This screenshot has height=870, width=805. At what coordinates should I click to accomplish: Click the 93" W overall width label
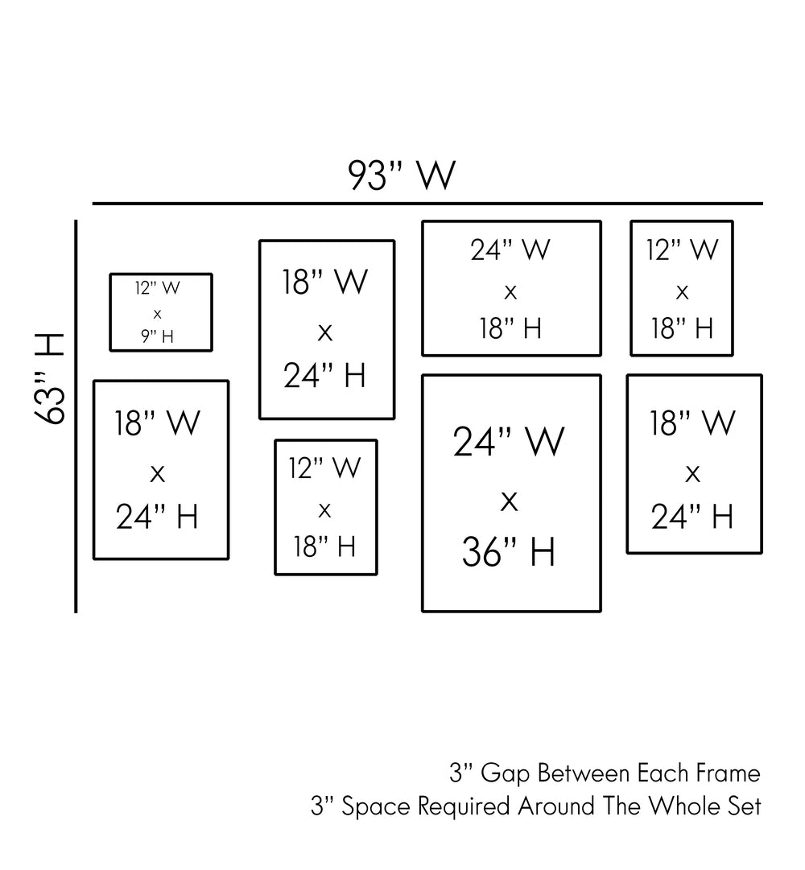pos(402,175)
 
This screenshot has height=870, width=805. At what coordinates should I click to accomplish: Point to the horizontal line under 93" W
pos(427,204)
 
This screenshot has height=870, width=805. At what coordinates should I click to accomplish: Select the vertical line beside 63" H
pos(76,415)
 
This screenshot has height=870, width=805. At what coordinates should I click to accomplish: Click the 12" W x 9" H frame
pos(161,312)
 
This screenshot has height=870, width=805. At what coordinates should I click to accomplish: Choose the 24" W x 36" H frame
pos(511,493)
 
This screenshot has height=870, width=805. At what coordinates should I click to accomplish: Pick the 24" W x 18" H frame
pos(511,288)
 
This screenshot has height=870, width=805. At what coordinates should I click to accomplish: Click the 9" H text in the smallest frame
pos(157,336)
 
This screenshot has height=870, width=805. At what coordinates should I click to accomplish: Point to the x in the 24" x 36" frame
pos(509,501)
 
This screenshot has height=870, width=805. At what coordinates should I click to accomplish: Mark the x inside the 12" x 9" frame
pos(157,313)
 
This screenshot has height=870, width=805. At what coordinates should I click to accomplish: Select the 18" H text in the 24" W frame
pos(510,328)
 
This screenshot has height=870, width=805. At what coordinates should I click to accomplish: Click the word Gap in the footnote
pos(506,775)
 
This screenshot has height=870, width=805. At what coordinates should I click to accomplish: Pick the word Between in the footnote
pos(583,774)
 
